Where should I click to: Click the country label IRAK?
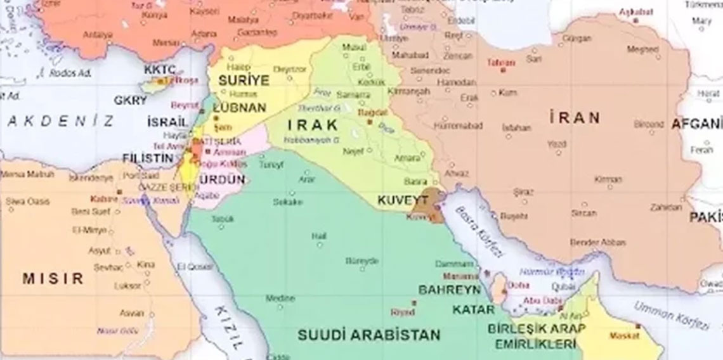pos(313,124)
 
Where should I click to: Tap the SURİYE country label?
pos(244,80)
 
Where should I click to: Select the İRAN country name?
pos(575,117)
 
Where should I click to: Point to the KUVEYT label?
pos(399,200)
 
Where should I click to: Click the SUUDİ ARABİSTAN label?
pos(370,333)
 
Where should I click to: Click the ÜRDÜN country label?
pos(222,179)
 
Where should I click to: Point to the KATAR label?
pos(473,310)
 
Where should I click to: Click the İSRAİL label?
pos(166,121)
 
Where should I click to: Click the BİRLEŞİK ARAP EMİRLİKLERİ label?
pos(536,337)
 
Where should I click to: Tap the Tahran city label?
pos(501,63)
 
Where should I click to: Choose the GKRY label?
pos(130,100)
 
